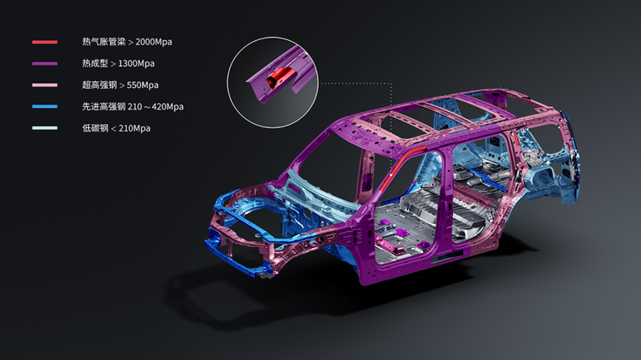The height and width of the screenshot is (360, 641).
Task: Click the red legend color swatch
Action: click(x=45, y=42)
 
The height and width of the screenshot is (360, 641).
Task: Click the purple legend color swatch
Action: click(x=45, y=63)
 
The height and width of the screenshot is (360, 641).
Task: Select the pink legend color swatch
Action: click(x=45, y=86)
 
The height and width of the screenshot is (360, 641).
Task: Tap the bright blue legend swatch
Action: click(x=45, y=106)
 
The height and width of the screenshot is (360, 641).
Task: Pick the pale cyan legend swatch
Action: click(x=45, y=128)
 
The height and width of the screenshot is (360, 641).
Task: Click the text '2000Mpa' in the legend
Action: click(x=154, y=42)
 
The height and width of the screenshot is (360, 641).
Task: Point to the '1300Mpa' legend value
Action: click(x=136, y=63)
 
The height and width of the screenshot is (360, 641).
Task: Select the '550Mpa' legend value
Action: click(x=143, y=86)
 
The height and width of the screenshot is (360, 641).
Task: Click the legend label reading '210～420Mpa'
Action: click(x=156, y=107)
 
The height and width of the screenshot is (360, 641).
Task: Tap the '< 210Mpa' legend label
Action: click(x=131, y=128)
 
